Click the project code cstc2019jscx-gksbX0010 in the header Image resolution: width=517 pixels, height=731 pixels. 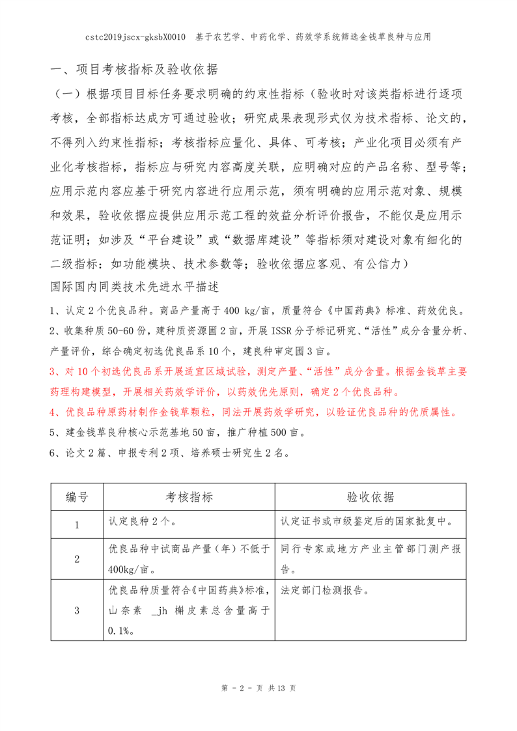(136, 37)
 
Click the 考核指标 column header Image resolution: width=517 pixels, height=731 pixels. (189, 498)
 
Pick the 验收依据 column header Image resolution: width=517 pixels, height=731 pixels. (370, 498)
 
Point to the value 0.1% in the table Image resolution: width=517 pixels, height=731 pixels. (120, 631)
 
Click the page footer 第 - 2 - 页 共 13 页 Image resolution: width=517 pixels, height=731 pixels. (258, 689)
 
